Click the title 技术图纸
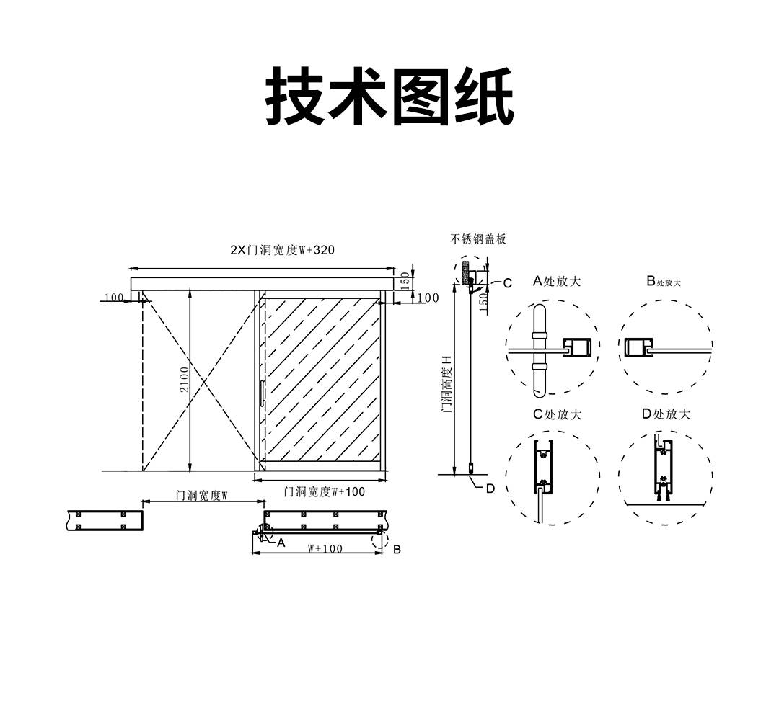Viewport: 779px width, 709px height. click(389, 97)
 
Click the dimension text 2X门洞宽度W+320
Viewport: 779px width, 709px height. click(282, 250)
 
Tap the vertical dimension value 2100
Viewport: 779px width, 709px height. click(184, 379)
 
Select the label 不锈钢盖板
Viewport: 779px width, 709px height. click(478, 238)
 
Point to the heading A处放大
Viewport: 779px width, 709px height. click(556, 281)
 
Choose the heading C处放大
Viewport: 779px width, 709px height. click(557, 414)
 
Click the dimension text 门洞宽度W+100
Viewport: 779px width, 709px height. click(325, 491)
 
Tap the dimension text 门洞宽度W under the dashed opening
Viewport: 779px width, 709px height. click(202, 496)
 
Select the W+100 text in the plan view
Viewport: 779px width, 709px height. click(325, 548)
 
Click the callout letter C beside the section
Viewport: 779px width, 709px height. click(507, 283)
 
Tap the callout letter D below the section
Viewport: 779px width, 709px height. click(490, 488)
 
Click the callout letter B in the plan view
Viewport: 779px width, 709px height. click(397, 549)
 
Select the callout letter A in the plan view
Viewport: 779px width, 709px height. click(281, 542)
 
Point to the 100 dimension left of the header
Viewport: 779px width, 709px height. click(114, 298)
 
